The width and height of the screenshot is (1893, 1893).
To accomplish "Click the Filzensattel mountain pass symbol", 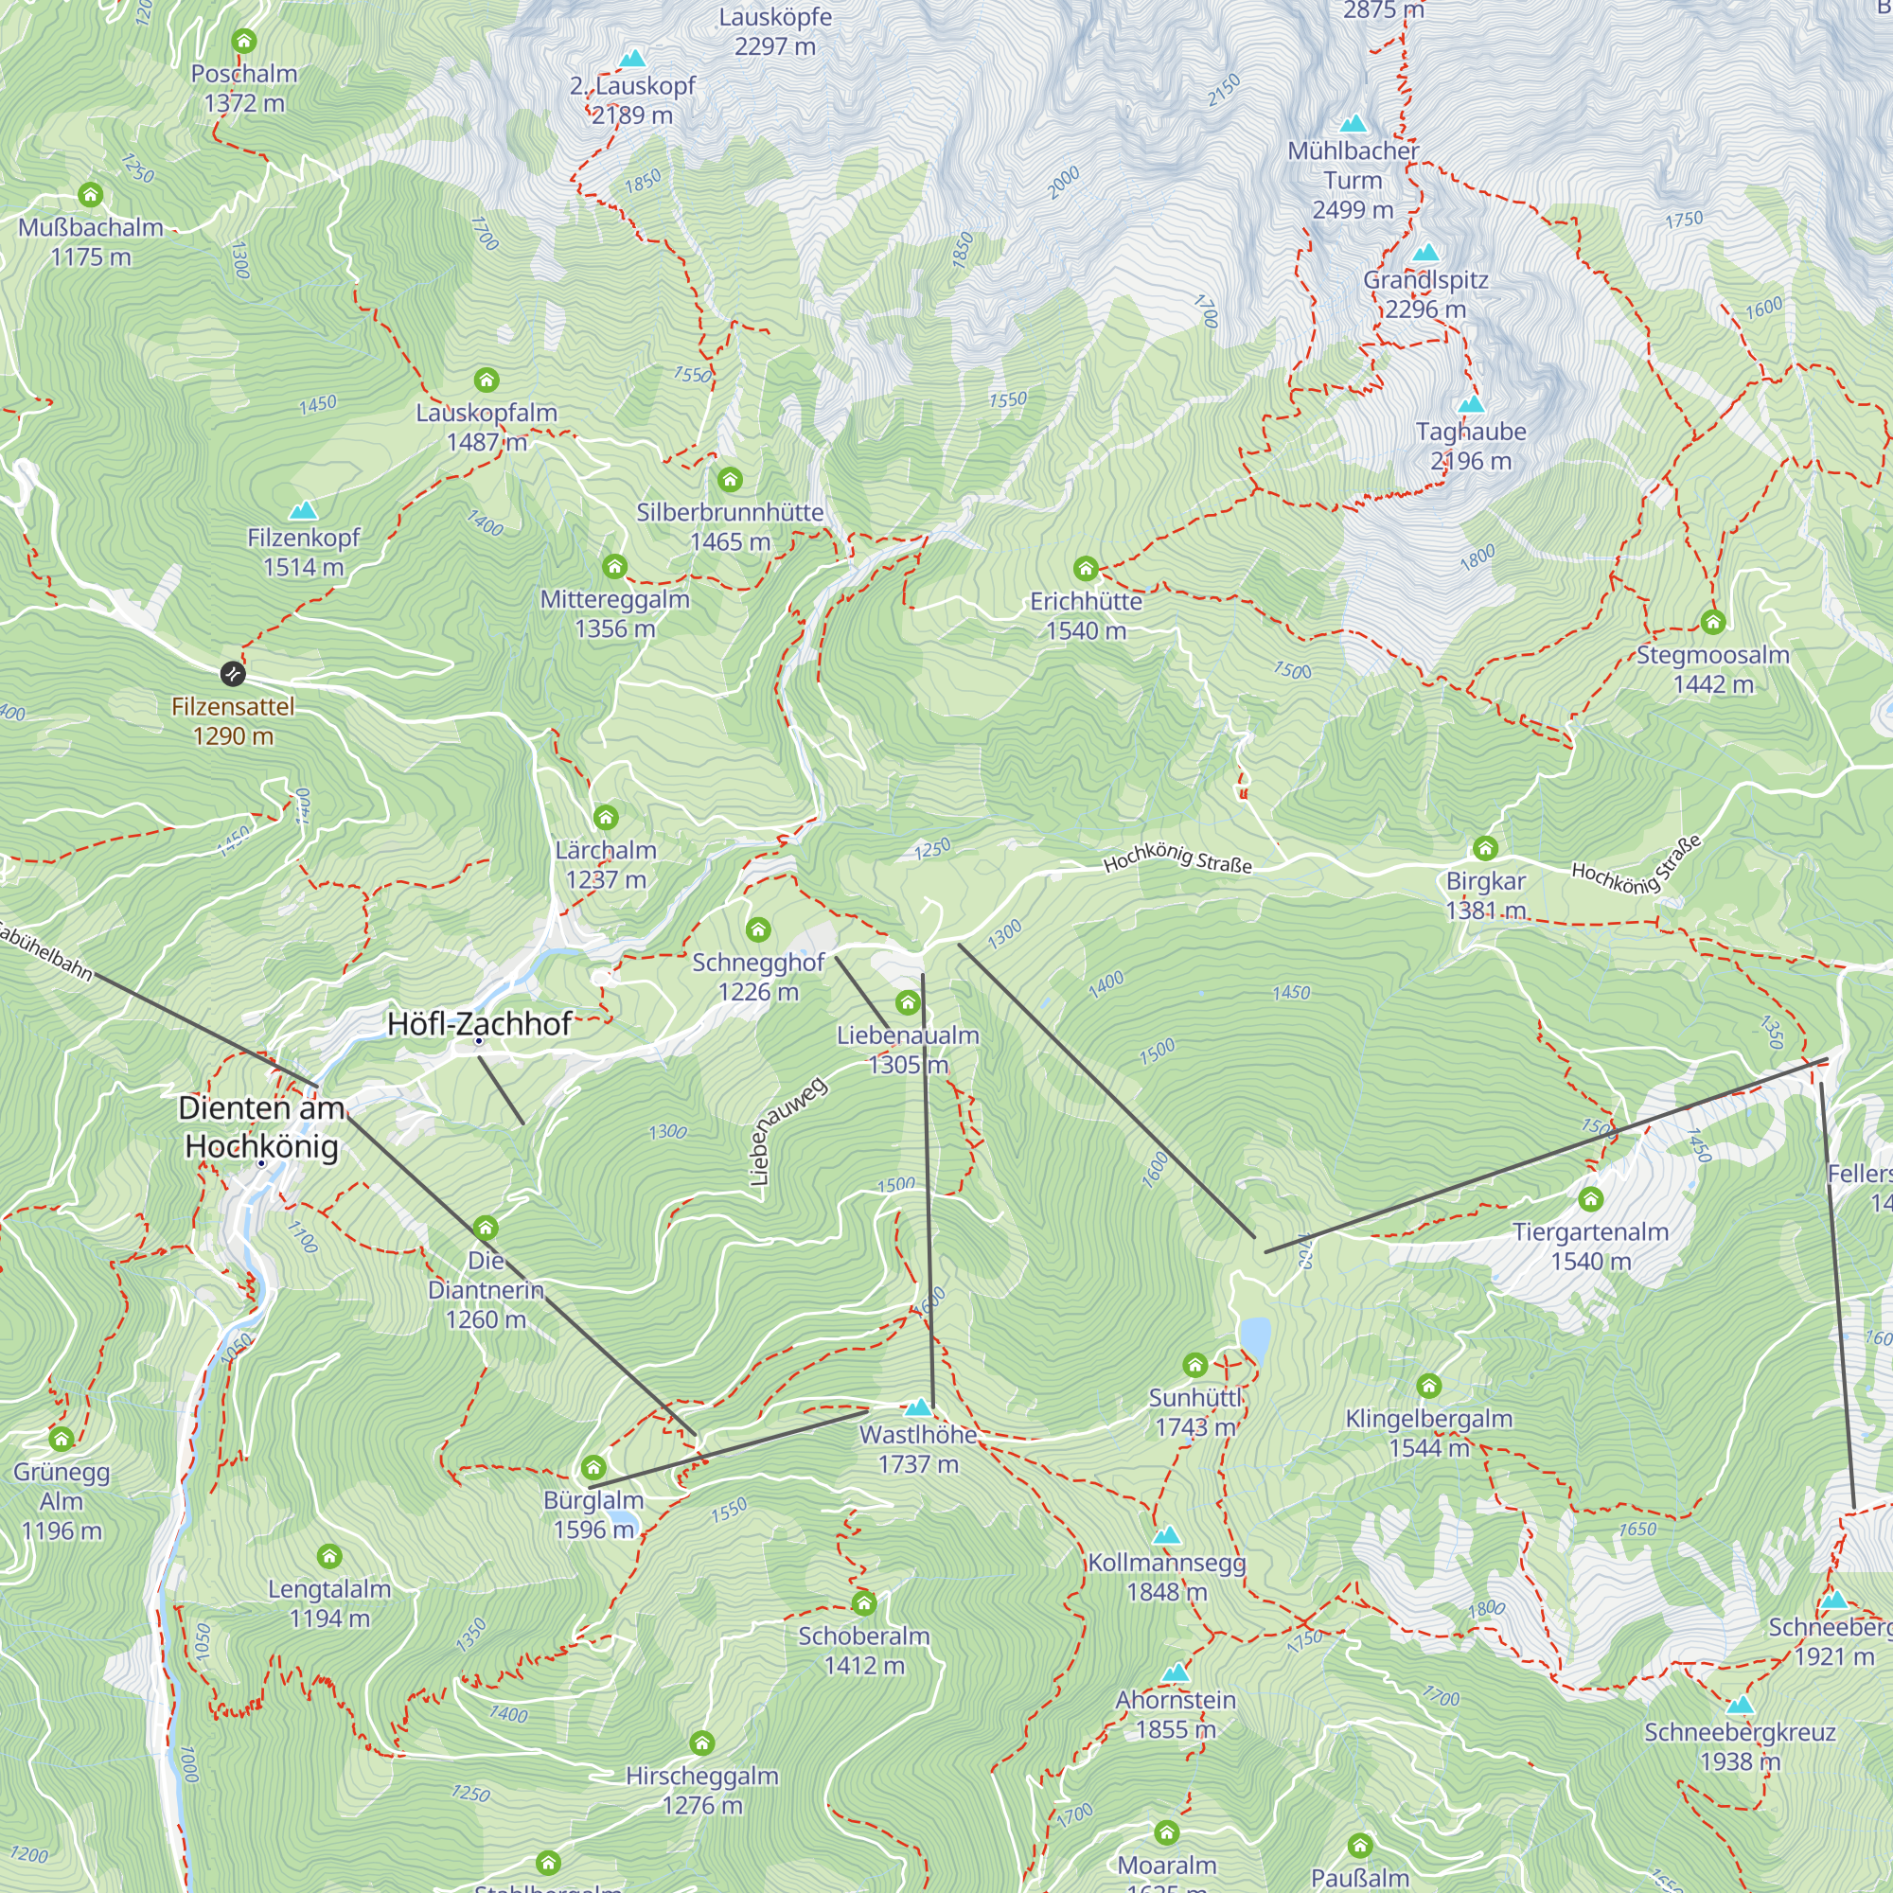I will pyautogui.click(x=232, y=673).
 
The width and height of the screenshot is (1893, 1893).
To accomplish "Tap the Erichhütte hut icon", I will pyautogui.click(x=1085, y=568).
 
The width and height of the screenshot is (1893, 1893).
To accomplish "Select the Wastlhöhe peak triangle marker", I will pyautogui.click(x=918, y=1408).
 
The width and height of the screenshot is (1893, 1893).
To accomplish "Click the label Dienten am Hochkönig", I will pyautogui.click(x=261, y=1126).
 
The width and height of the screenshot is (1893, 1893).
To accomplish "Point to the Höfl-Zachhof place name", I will pyautogui.click(x=479, y=1024).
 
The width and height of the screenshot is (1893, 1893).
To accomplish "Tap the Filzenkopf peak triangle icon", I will pyautogui.click(x=304, y=509).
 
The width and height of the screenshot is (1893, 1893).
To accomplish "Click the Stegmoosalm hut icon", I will pyautogui.click(x=1713, y=621).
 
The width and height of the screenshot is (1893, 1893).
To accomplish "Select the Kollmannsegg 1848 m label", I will pyautogui.click(x=1166, y=1577).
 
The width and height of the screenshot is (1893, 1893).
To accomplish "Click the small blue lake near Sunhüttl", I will pyautogui.click(x=1255, y=1336).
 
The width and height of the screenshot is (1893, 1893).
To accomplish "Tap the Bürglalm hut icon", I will pyautogui.click(x=593, y=1467).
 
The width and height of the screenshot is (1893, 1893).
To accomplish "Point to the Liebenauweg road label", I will pyautogui.click(x=786, y=1133).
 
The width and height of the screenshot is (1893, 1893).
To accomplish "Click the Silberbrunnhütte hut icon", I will pyautogui.click(x=730, y=479).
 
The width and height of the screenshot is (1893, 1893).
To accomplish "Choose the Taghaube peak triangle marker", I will pyautogui.click(x=1471, y=404).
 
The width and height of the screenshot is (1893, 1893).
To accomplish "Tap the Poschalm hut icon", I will pyautogui.click(x=244, y=41).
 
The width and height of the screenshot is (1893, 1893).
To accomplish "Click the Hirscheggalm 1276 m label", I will pyautogui.click(x=701, y=1790).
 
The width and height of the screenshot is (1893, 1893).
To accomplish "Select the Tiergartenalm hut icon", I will pyautogui.click(x=1590, y=1198).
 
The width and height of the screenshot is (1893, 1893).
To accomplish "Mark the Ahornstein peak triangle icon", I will pyautogui.click(x=1176, y=1672).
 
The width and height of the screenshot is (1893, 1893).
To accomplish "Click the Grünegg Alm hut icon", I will pyautogui.click(x=62, y=1439).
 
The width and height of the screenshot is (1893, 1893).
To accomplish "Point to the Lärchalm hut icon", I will pyautogui.click(x=606, y=816).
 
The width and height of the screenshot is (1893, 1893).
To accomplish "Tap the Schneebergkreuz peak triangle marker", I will pyautogui.click(x=1741, y=1705).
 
